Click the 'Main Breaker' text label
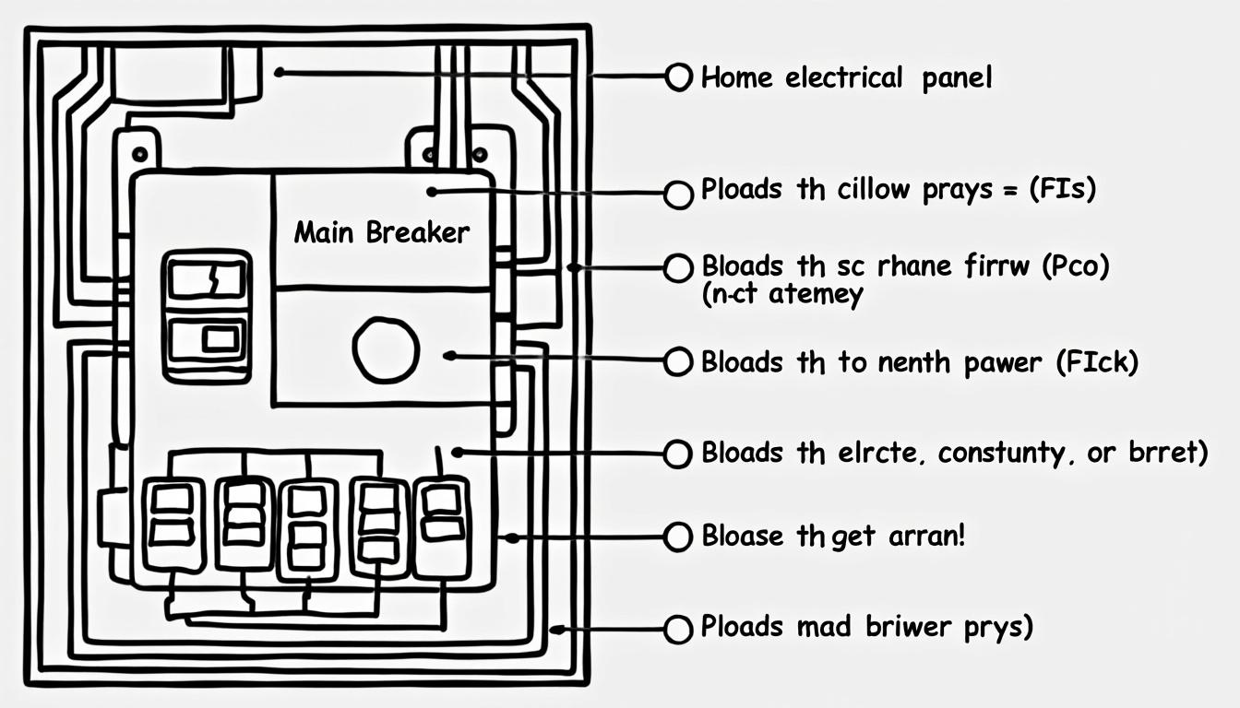(x=381, y=232)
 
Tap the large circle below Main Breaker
(x=386, y=350)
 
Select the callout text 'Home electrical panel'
(x=846, y=77)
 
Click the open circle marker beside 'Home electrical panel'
(x=678, y=77)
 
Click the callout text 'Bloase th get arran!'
(x=832, y=536)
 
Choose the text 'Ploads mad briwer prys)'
(x=866, y=627)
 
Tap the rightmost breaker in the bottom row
(x=442, y=526)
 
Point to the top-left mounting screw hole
(x=139, y=153)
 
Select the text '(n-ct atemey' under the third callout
(x=782, y=295)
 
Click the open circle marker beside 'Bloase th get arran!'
(x=678, y=536)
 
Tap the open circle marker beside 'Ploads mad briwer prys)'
(x=678, y=629)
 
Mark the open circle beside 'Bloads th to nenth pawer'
(x=678, y=361)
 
